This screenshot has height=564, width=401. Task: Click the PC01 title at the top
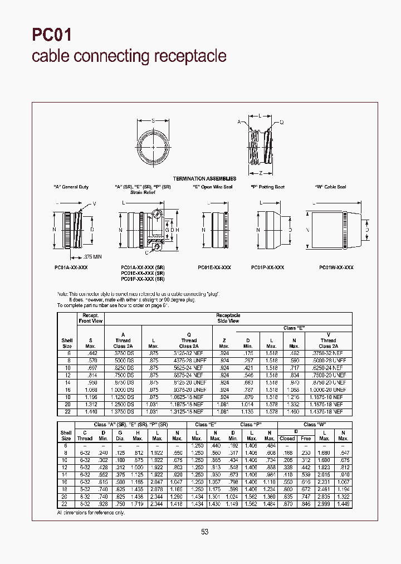click(x=51, y=35)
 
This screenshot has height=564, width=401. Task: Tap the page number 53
click(x=204, y=532)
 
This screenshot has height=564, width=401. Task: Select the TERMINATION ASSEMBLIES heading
click(x=204, y=178)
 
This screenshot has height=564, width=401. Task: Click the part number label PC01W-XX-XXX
click(x=336, y=268)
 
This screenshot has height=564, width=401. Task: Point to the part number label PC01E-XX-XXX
click(x=214, y=268)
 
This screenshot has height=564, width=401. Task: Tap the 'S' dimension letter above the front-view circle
click(x=154, y=120)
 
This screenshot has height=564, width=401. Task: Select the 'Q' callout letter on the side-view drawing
click(x=281, y=121)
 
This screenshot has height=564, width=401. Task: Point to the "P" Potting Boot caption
click(x=268, y=187)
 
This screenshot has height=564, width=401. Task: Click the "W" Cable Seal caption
click(x=330, y=187)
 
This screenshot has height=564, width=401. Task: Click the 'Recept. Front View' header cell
click(x=90, y=318)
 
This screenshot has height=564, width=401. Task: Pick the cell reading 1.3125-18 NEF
click(x=189, y=412)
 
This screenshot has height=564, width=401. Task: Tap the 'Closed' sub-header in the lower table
click(x=287, y=439)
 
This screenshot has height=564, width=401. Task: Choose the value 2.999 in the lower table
click(x=324, y=504)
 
